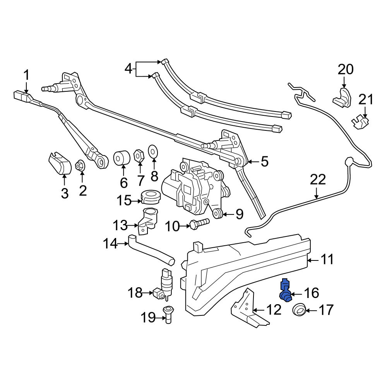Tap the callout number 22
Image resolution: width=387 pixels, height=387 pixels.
pyautogui.click(x=318, y=180)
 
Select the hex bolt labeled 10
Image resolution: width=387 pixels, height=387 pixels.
pyautogui.click(x=199, y=224)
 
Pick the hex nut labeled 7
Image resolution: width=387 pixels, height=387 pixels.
pyautogui.click(x=139, y=156)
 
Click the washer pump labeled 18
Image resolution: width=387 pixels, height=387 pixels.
pyautogui.click(x=164, y=284)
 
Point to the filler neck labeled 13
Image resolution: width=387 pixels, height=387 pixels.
pyautogui.click(x=147, y=220)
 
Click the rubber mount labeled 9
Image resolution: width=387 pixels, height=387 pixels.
pyautogui.click(x=217, y=213)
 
